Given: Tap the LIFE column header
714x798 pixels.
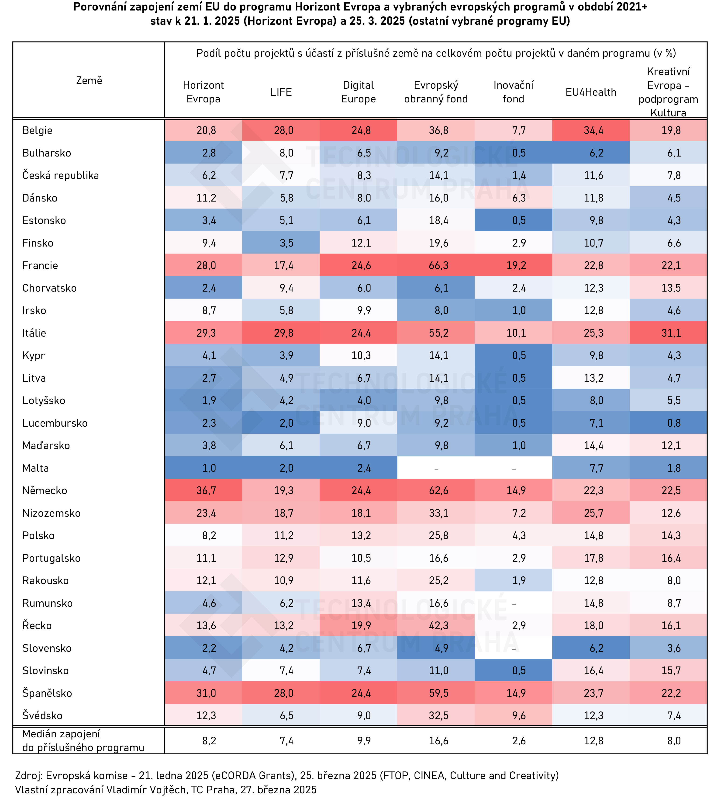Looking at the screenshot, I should click(281, 92).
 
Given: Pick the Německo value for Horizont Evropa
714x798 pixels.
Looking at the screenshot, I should click(206, 490).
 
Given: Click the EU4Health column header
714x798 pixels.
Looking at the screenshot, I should click(591, 92).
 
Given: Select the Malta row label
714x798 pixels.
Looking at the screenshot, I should click(36, 468).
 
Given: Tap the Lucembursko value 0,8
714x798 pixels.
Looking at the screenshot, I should click(674, 423).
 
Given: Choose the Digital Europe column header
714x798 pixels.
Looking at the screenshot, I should click(358, 92).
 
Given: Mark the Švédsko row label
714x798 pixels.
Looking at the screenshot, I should click(42, 715).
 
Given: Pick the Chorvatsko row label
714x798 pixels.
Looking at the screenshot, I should click(49, 288).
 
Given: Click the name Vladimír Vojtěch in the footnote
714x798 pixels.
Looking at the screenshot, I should click(143, 789).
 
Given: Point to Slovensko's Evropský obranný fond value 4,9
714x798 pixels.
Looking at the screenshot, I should click(441, 648).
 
